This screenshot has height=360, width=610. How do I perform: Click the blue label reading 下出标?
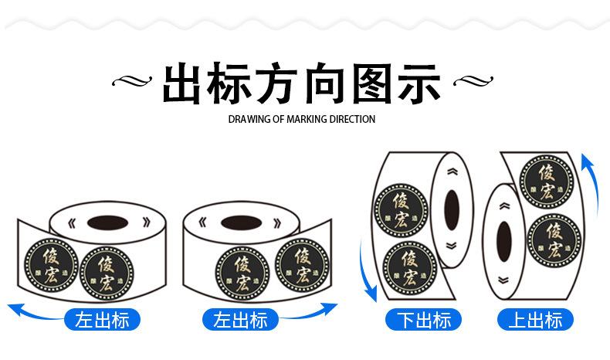(x=423, y=319)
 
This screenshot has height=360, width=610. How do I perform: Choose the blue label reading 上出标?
(x=534, y=319)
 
